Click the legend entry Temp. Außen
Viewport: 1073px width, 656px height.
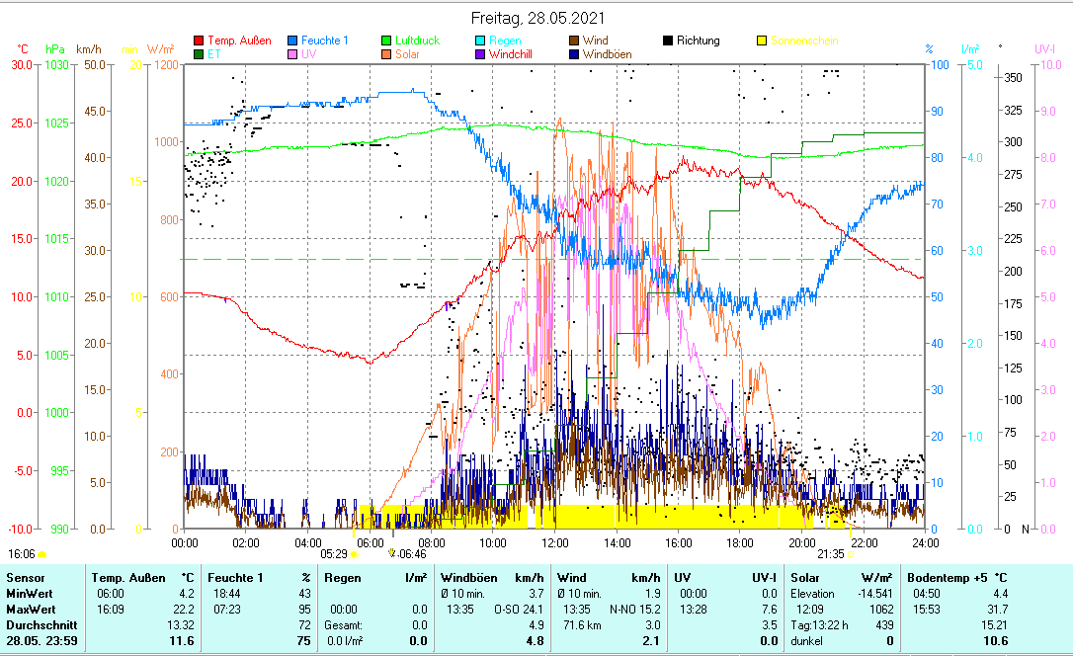(239, 41)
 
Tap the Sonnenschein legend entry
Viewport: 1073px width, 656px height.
(804, 41)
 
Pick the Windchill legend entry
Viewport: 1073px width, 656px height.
(509, 54)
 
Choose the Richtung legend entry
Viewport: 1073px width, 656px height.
(698, 41)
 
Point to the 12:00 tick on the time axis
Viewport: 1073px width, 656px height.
(555, 541)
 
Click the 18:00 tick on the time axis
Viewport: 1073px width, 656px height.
(740, 541)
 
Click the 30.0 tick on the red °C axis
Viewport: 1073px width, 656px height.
(21, 64)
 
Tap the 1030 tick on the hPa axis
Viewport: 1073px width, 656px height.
(57, 64)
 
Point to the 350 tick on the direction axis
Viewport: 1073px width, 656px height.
(1011, 77)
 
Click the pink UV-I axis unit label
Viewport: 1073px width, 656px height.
(1044, 48)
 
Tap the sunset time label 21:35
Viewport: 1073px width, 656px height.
(831, 554)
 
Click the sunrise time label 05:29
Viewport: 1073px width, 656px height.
(335, 554)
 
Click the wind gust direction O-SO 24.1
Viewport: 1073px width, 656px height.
(525, 609)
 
